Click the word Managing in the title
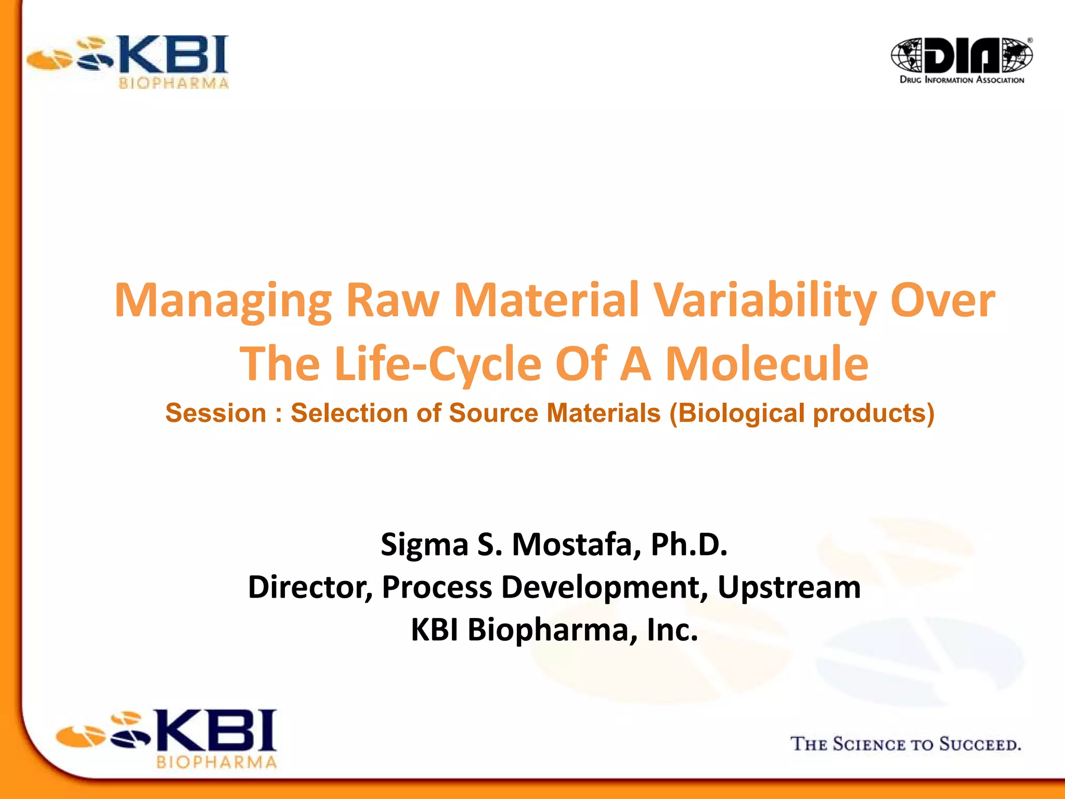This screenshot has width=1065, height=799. pyautogui.click(x=223, y=301)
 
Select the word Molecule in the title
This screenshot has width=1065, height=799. pyautogui.click(x=767, y=364)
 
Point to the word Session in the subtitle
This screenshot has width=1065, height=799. pyautogui.click(x=215, y=414)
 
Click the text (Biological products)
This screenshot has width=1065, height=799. pyautogui.click(x=802, y=414)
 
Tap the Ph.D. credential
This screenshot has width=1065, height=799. pyautogui.click(x=689, y=545)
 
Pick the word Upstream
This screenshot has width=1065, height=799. pyautogui.click(x=789, y=587)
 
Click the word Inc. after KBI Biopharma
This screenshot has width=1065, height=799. pyautogui.click(x=672, y=630)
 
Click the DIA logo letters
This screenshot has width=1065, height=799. pyautogui.click(x=962, y=55)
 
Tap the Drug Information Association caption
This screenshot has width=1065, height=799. pyautogui.click(x=962, y=80)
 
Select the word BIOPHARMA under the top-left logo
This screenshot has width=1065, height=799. pyautogui.click(x=174, y=83)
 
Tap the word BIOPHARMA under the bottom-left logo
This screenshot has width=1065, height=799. pyautogui.click(x=216, y=763)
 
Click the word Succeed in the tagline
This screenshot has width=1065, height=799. pyautogui.click(x=980, y=744)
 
